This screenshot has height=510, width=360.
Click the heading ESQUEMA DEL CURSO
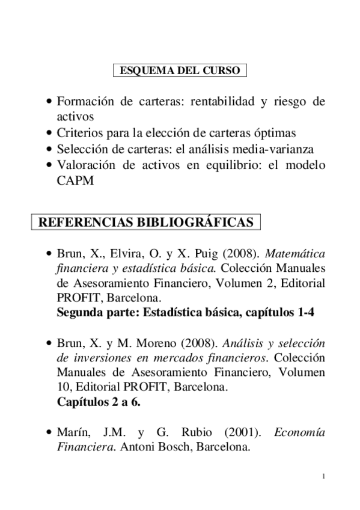(180, 71)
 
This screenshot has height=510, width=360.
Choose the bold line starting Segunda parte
(186, 312)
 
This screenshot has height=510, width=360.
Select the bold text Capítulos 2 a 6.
(99, 402)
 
